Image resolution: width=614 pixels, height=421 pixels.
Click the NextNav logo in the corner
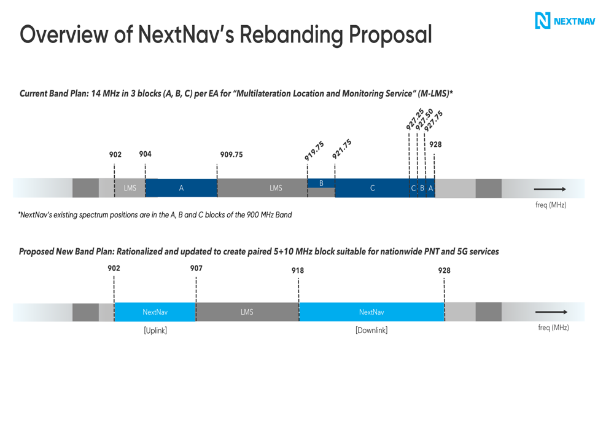click(565, 20)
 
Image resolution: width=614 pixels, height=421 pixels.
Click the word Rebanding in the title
click(291, 35)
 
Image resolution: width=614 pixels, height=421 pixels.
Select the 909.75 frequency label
click(231, 154)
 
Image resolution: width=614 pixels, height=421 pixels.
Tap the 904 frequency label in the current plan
click(145, 154)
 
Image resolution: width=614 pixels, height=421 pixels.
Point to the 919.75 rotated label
click(314, 151)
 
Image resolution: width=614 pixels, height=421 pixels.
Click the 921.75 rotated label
click(341, 149)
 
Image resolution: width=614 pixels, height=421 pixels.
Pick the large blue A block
click(181, 188)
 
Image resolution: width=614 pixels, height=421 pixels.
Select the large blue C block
click(372, 188)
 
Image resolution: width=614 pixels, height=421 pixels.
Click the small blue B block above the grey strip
click(321, 183)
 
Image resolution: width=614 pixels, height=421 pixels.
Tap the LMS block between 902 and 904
click(130, 188)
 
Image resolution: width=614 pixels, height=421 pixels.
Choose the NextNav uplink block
click(155, 312)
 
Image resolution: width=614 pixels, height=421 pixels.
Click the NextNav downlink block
click(371, 312)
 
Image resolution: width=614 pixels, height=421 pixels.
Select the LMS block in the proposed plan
click(247, 312)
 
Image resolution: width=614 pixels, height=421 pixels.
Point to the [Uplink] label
click(155, 331)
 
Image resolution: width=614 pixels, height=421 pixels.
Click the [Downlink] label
click(371, 331)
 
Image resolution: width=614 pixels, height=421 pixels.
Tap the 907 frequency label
click(196, 268)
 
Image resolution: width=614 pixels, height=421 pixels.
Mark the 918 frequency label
click(298, 270)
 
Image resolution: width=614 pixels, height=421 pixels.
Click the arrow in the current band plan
click(550, 189)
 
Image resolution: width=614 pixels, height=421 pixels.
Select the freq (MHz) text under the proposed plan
click(553, 328)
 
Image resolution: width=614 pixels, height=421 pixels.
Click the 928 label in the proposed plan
click(444, 270)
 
